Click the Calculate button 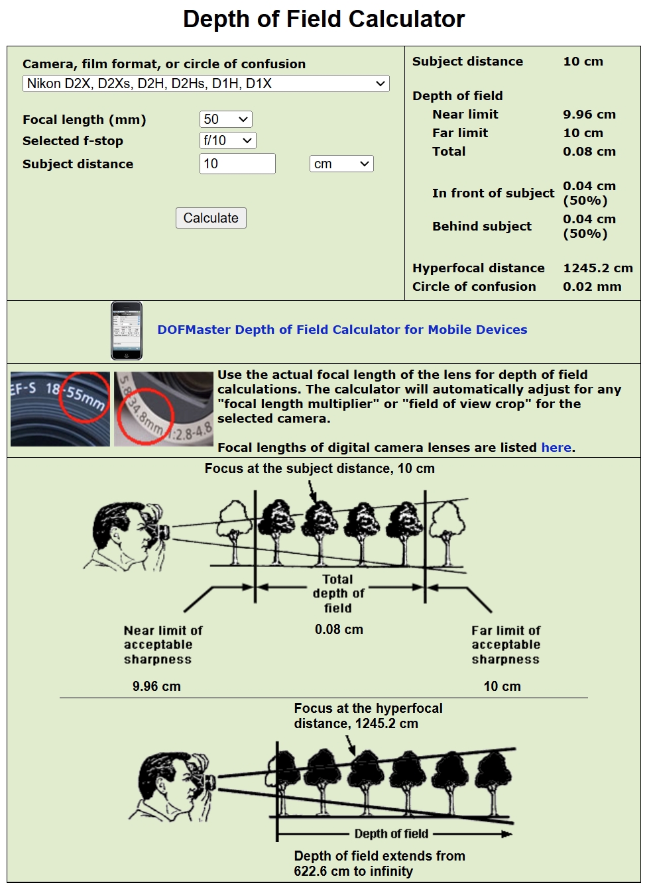tap(211, 218)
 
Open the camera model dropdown tap(206, 83)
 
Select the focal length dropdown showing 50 tap(225, 119)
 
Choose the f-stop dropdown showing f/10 tap(227, 140)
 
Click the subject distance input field tap(237, 164)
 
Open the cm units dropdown tap(341, 164)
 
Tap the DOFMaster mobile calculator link tap(342, 330)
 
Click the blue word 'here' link tap(556, 447)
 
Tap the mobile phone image tap(126, 331)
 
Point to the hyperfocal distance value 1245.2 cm tap(597, 268)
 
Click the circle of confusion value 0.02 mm tap(592, 287)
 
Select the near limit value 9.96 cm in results tap(589, 115)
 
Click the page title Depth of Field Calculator tap(324, 19)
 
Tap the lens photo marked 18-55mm tap(60, 409)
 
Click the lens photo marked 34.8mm tap(163, 409)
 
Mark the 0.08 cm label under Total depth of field tap(339, 629)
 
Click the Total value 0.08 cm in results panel tap(589, 152)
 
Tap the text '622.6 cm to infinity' tap(353, 871)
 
